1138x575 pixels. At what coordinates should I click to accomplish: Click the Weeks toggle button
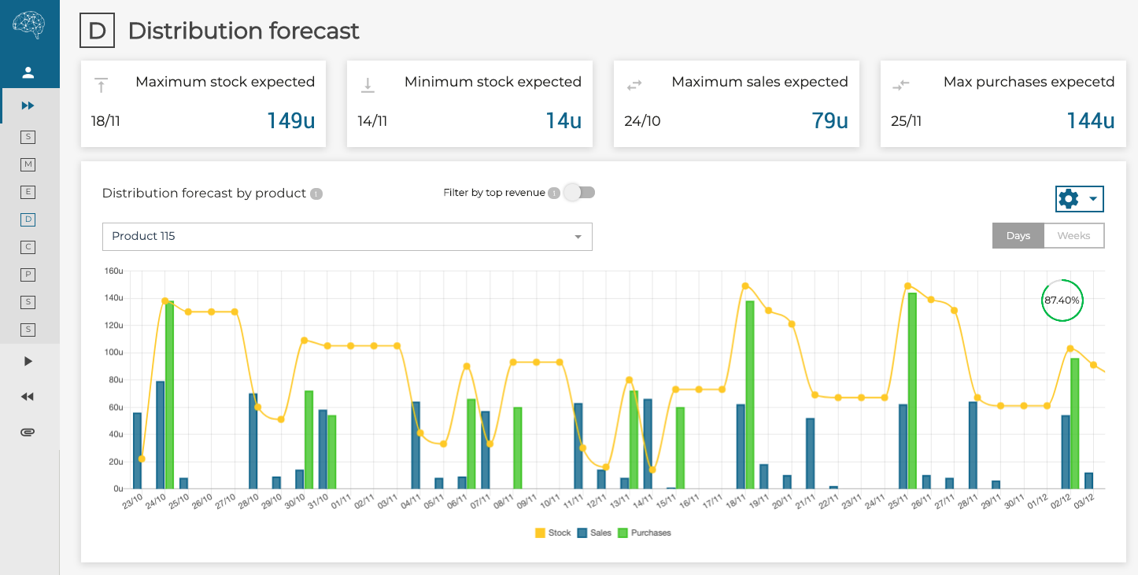1073,236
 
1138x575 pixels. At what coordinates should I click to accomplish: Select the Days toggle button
1018,236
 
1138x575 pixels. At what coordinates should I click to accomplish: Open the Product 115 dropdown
347,237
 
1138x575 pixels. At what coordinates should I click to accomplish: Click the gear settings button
1079,199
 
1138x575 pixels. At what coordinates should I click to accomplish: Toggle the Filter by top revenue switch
579,193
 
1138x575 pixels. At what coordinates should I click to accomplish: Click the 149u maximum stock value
291,121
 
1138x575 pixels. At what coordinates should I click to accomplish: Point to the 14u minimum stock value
563,121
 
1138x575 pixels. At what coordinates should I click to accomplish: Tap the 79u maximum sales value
829,121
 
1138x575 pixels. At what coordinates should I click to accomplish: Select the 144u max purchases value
1091,121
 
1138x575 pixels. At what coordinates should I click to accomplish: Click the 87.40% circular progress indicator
1062,300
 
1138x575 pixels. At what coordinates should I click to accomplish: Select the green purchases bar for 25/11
912,391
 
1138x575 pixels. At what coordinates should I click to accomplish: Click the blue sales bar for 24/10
161,435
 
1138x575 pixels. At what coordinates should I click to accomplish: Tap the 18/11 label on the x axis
736,502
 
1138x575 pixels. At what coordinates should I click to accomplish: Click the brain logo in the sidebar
29,26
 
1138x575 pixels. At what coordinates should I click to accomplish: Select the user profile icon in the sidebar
28,73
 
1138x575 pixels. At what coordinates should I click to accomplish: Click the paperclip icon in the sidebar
28,433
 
